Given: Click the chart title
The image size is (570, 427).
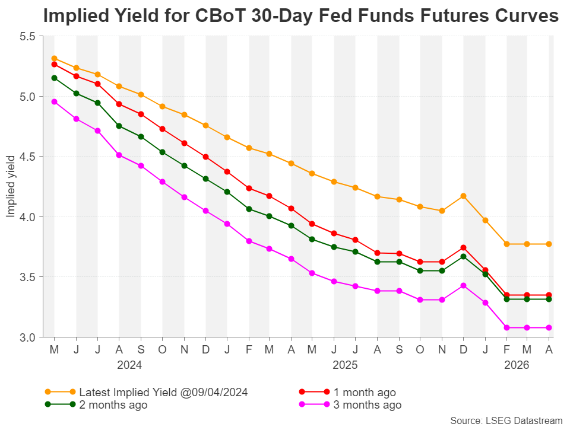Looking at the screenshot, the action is [300, 15].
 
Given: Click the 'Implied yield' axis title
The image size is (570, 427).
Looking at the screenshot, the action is [11, 187].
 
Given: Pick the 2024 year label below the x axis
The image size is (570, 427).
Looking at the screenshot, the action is [129, 365].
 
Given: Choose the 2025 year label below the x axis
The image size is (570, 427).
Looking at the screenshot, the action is [345, 365].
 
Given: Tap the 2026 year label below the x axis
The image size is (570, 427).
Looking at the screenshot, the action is [517, 365].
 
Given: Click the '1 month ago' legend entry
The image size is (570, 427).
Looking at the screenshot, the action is [347, 392].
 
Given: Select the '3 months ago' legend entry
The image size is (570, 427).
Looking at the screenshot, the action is [350, 404].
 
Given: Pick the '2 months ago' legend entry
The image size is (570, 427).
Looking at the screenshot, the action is [96, 404].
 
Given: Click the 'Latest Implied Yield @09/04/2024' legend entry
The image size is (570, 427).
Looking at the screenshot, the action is [146, 392].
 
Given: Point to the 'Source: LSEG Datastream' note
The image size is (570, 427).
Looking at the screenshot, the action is [506, 420].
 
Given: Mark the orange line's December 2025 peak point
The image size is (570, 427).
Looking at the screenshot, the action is [463, 196].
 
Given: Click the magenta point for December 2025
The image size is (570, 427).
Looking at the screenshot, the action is [463, 286].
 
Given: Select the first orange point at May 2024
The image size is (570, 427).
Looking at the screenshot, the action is [54, 59].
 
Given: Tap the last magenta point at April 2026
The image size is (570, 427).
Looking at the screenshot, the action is [549, 327].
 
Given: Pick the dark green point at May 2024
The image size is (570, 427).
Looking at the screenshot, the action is [54, 78].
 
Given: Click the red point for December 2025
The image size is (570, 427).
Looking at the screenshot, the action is [463, 248].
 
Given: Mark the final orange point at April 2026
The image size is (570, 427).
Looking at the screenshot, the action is [549, 244].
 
